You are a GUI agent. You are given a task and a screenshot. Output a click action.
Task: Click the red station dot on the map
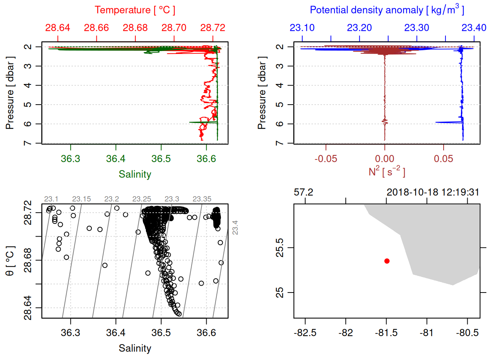pos(387,261)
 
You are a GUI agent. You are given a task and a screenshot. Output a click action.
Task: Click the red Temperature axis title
pos(135,10)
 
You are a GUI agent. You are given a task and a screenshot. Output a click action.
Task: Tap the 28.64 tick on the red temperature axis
pos(58,28)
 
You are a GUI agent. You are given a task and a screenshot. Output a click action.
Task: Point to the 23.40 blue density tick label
pos(474,28)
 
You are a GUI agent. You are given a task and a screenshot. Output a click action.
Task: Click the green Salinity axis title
pos(135,174)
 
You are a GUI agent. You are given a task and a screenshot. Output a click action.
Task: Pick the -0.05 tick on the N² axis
pos(325,159)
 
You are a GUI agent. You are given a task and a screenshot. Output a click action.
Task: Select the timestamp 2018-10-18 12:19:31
pos(433,192)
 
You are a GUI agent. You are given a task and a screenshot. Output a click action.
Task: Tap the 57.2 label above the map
pos(303,192)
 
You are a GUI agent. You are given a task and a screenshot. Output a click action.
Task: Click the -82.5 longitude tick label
pos(305,333)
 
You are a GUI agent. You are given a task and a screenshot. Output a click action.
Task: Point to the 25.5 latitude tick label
pos(280,248)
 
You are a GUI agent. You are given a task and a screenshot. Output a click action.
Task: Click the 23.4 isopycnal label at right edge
pos(235,228)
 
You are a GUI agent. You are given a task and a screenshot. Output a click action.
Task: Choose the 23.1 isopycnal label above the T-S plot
pos(51,199)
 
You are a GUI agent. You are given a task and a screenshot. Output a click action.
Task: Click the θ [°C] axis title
pos(10,261)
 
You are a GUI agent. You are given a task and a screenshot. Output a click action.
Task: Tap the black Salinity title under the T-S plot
pos(135,348)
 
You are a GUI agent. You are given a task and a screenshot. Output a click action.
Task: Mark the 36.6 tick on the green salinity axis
pos(206,159)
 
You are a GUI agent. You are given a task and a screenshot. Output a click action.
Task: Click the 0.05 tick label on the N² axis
pos(443,159)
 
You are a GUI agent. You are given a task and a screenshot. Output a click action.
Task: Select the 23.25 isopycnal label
pos(142,199)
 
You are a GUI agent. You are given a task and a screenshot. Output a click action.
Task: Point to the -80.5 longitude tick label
pos(467,333)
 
